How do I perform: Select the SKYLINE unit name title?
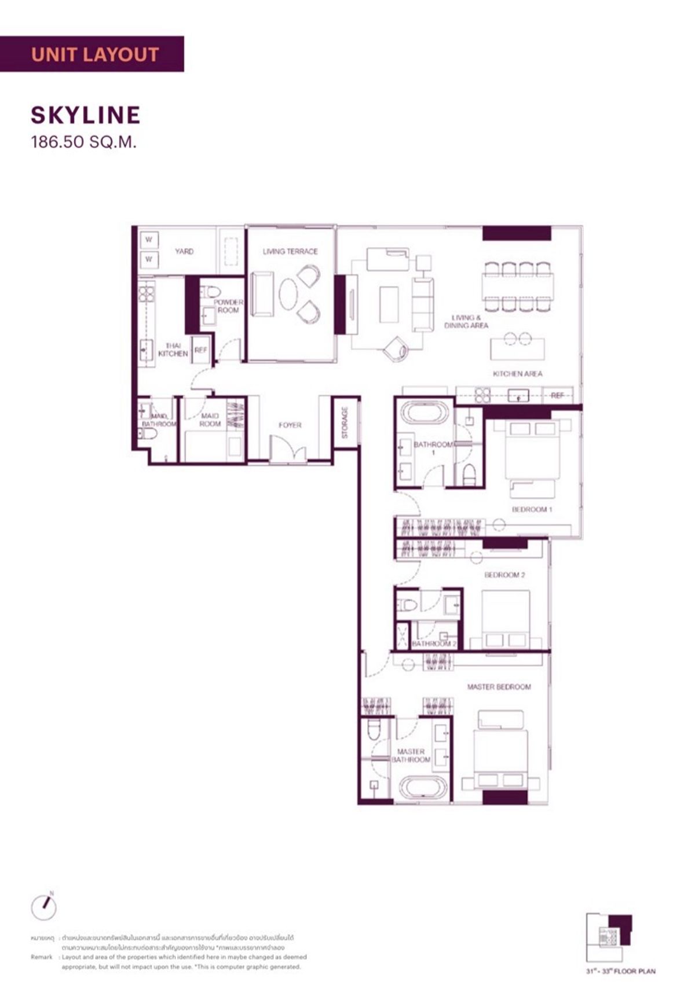point(86,115)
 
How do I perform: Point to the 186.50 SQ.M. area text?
point(84,142)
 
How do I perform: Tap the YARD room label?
point(184,252)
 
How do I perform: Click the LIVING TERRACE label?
point(290,252)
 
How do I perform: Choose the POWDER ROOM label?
point(228,306)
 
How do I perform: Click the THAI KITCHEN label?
point(173,350)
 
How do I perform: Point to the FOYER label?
point(290,425)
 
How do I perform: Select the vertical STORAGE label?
point(345,422)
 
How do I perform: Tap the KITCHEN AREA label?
point(517,374)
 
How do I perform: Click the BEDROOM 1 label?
point(532,510)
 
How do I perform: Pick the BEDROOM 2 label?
point(504,575)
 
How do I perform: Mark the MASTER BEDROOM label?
point(499,687)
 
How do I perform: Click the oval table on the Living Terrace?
point(288,294)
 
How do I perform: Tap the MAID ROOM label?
point(210,420)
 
